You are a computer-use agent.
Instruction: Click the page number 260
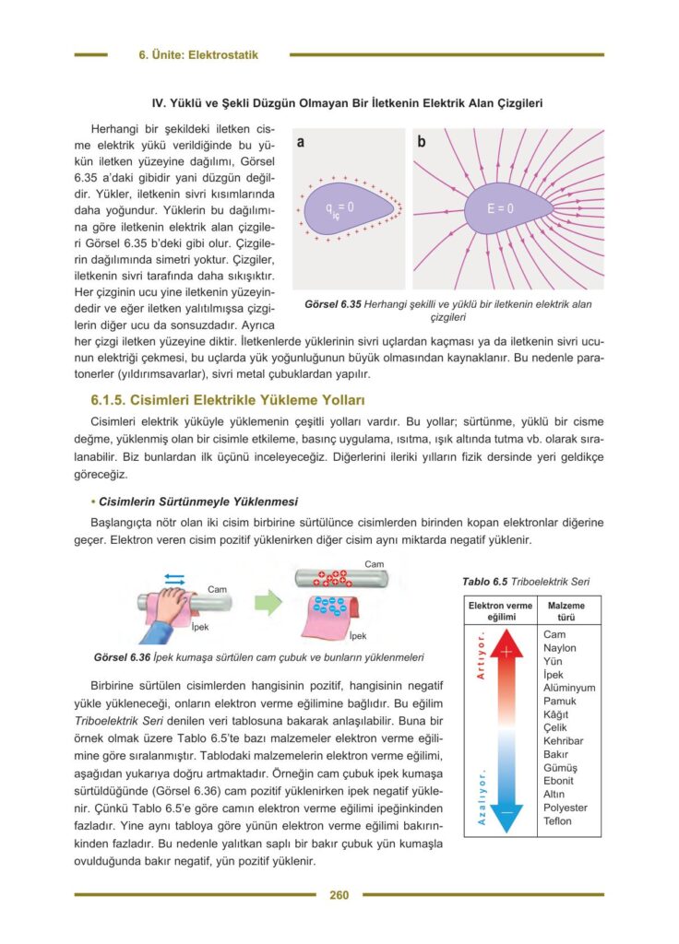339,894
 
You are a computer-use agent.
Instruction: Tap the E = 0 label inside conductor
500,208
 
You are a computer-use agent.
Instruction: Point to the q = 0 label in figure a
339,208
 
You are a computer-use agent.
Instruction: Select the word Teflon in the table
557,821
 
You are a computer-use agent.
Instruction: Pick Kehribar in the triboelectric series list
563,741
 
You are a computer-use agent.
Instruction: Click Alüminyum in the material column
569,688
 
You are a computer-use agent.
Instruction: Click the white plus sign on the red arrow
506,652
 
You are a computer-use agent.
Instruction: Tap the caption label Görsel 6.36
123,658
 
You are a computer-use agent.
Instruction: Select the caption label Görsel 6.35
333,303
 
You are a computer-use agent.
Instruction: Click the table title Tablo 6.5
485,582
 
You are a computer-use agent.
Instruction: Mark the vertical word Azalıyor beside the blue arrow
481,797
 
